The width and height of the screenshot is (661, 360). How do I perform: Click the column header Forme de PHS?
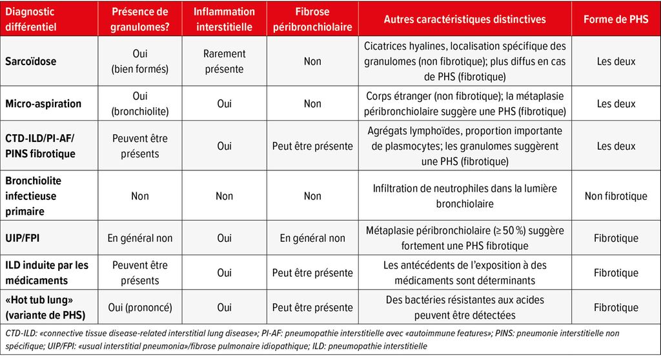(616, 19)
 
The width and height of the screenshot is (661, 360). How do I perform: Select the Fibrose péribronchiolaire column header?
(312, 19)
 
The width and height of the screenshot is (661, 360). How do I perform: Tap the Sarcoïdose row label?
(31, 61)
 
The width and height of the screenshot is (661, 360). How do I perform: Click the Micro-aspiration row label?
(43, 103)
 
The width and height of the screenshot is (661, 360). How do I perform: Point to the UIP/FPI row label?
(24, 238)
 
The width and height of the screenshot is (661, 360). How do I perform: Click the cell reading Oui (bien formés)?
(139, 61)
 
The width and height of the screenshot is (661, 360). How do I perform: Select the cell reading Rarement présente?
(224, 61)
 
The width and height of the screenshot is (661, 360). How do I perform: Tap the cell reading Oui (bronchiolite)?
(139, 103)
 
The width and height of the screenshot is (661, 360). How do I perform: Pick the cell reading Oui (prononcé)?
(139, 308)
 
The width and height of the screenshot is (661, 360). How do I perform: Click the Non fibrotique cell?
(616, 196)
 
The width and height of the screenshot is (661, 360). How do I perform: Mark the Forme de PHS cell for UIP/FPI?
(616, 238)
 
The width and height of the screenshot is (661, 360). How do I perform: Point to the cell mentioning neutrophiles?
(465, 196)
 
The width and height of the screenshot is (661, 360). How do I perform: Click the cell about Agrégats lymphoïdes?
(465, 146)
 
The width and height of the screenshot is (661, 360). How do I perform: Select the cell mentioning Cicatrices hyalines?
(465, 61)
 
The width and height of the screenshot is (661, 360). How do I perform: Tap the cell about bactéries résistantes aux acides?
(465, 308)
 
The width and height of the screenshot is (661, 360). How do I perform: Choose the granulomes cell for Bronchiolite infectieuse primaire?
(139, 196)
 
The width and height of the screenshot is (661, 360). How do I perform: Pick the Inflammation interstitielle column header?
(224, 19)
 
